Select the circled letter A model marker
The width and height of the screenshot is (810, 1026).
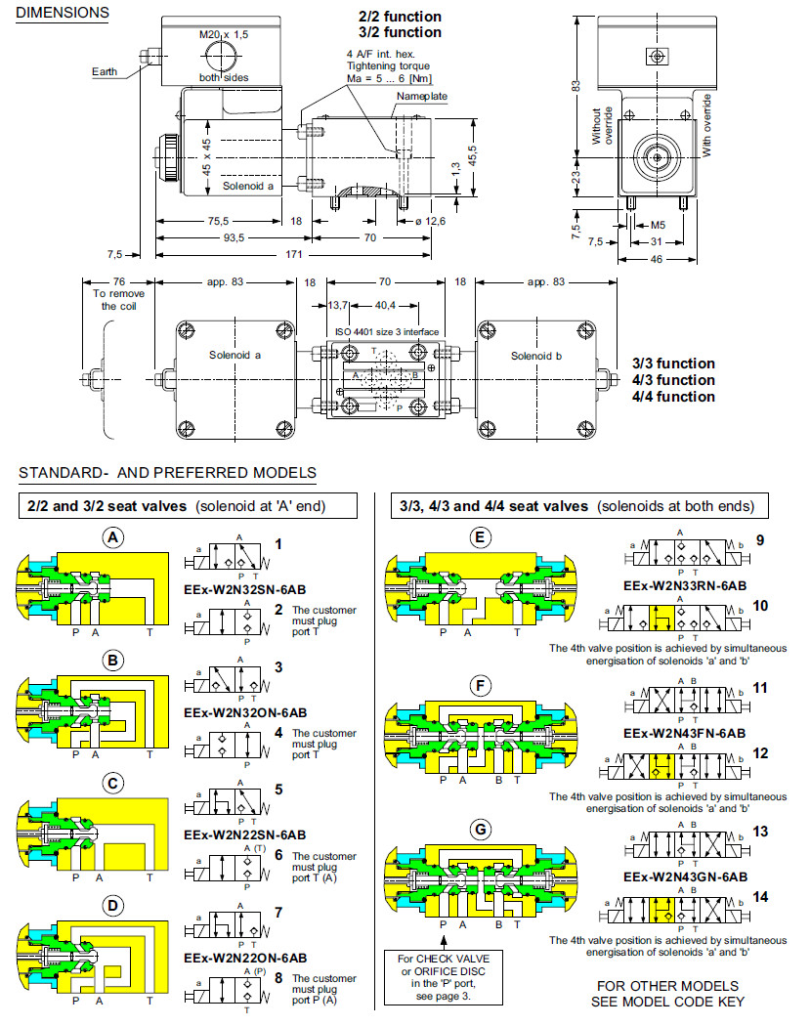click(114, 536)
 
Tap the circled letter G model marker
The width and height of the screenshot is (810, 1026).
click(479, 830)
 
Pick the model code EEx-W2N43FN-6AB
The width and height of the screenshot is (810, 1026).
click(684, 732)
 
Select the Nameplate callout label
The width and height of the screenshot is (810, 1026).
click(421, 97)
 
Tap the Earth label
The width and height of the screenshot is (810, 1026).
click(106, 71)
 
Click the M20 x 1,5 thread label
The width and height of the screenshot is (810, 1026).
click(224, 34)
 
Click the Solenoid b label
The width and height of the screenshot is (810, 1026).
click(534, 356)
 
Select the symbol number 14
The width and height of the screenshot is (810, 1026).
click(761, 895)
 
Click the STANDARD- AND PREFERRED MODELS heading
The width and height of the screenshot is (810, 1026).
click(167, 473)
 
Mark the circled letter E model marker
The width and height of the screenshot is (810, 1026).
click(479, 536)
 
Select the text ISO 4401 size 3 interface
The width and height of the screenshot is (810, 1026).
click(387, 332)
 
